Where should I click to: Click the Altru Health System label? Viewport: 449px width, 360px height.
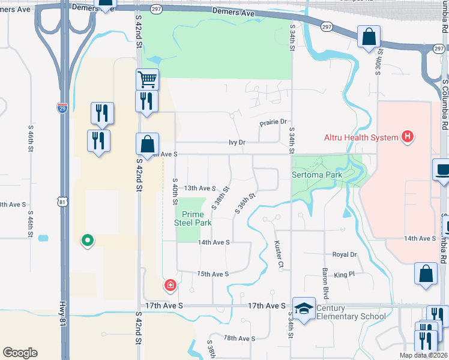point(361,137)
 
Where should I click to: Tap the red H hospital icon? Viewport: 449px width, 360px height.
point(408,137)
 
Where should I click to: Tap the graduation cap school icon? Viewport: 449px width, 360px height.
point(304,308)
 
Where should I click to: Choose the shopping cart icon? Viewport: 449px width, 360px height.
point(146,79)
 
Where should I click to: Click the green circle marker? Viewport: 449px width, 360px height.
point(88,241)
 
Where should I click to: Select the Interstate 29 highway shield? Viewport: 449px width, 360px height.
point(62,108)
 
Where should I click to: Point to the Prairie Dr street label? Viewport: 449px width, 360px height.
point(274,122)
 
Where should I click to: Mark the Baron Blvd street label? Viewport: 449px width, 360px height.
point(325,284)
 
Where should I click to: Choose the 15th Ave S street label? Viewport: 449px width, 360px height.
point(214,274)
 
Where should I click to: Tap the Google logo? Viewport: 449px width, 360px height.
point(20,353)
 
